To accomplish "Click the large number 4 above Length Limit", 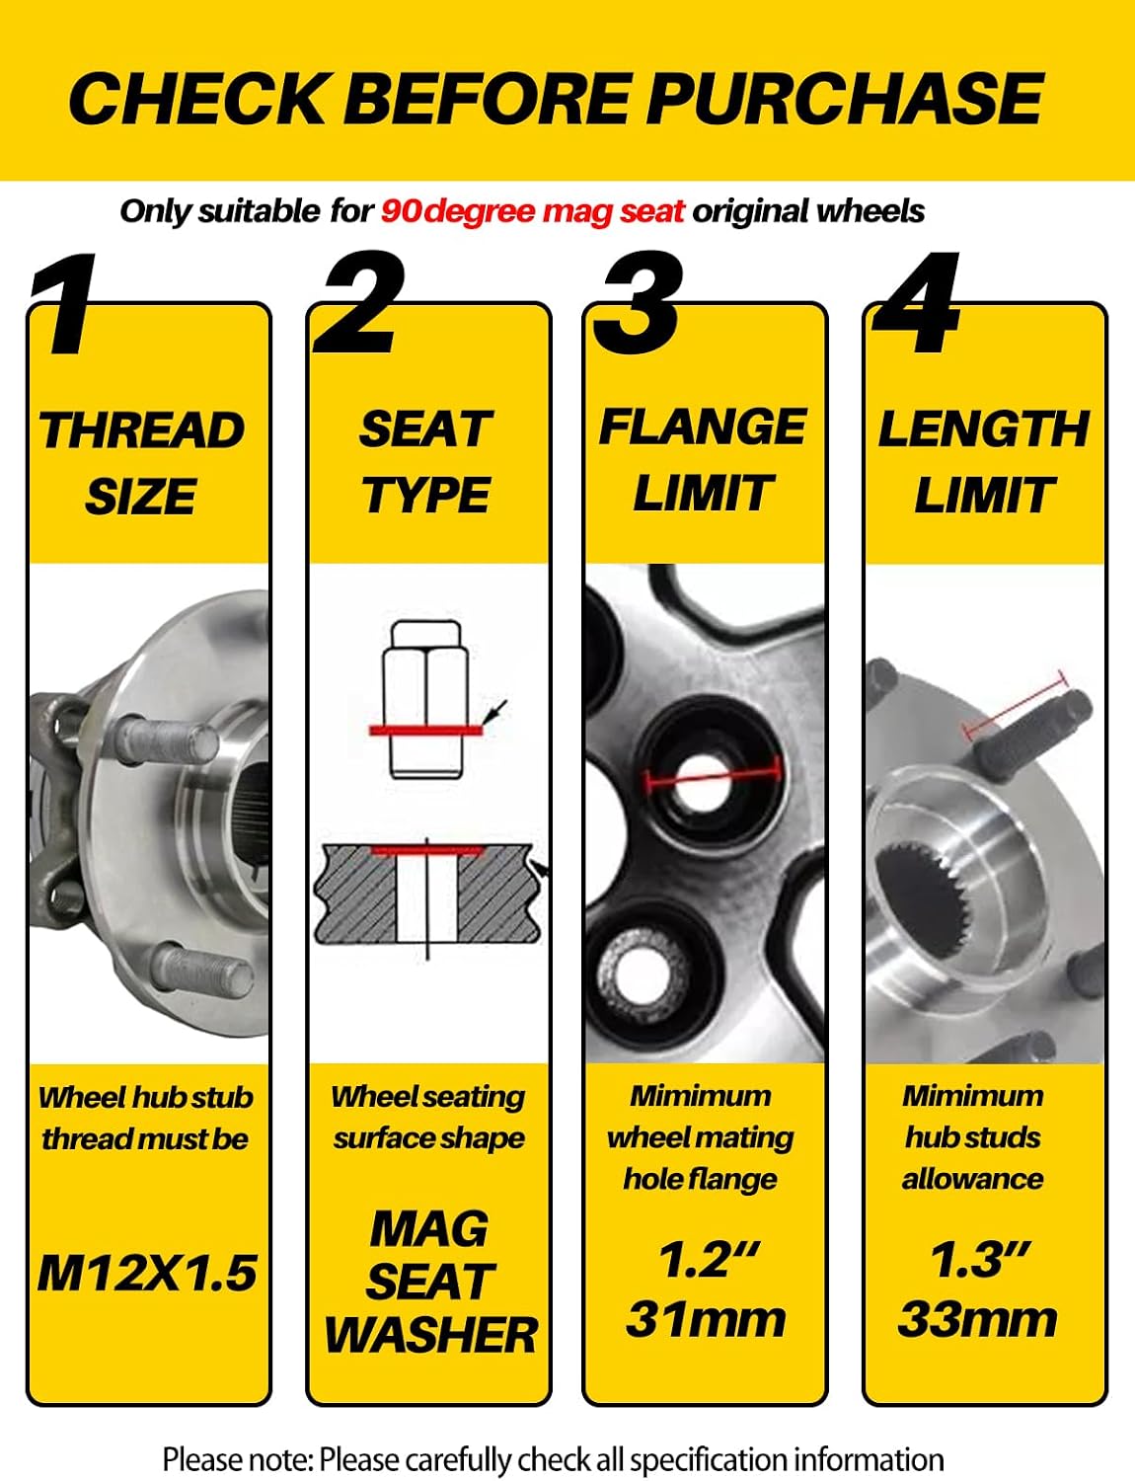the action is tap(917, 302).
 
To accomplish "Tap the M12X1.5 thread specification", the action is tap(147, 1273).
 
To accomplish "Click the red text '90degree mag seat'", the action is tap(532, 211).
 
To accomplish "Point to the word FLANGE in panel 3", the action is tap(703, 428).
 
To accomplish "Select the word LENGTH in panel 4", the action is tap(983, 429).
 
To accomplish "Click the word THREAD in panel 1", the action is tap(142, 430).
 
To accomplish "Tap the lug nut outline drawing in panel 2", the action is tap(425, 700).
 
